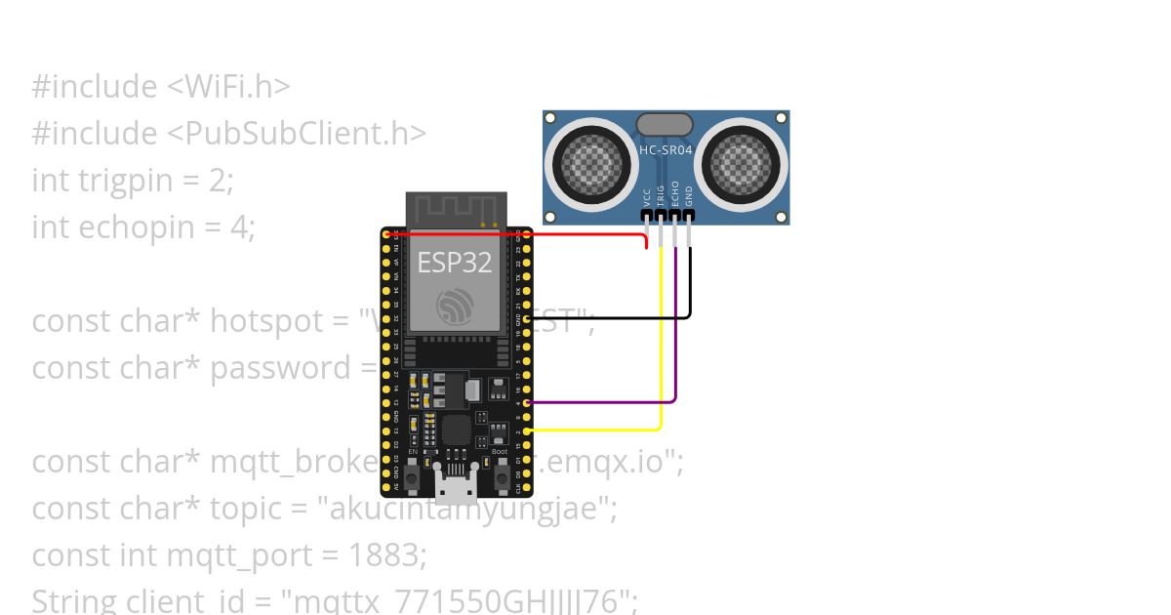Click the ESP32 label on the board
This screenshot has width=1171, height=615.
(x=455, y=262)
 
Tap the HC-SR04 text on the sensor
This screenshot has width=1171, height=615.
(x=666, y=150)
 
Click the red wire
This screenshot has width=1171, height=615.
(x=517, y=234)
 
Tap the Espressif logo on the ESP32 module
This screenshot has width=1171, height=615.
(x=456, y=307)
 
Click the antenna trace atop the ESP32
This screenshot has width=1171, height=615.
(x=456, y=208)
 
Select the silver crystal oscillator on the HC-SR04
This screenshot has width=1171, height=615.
(x=665, y=124)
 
